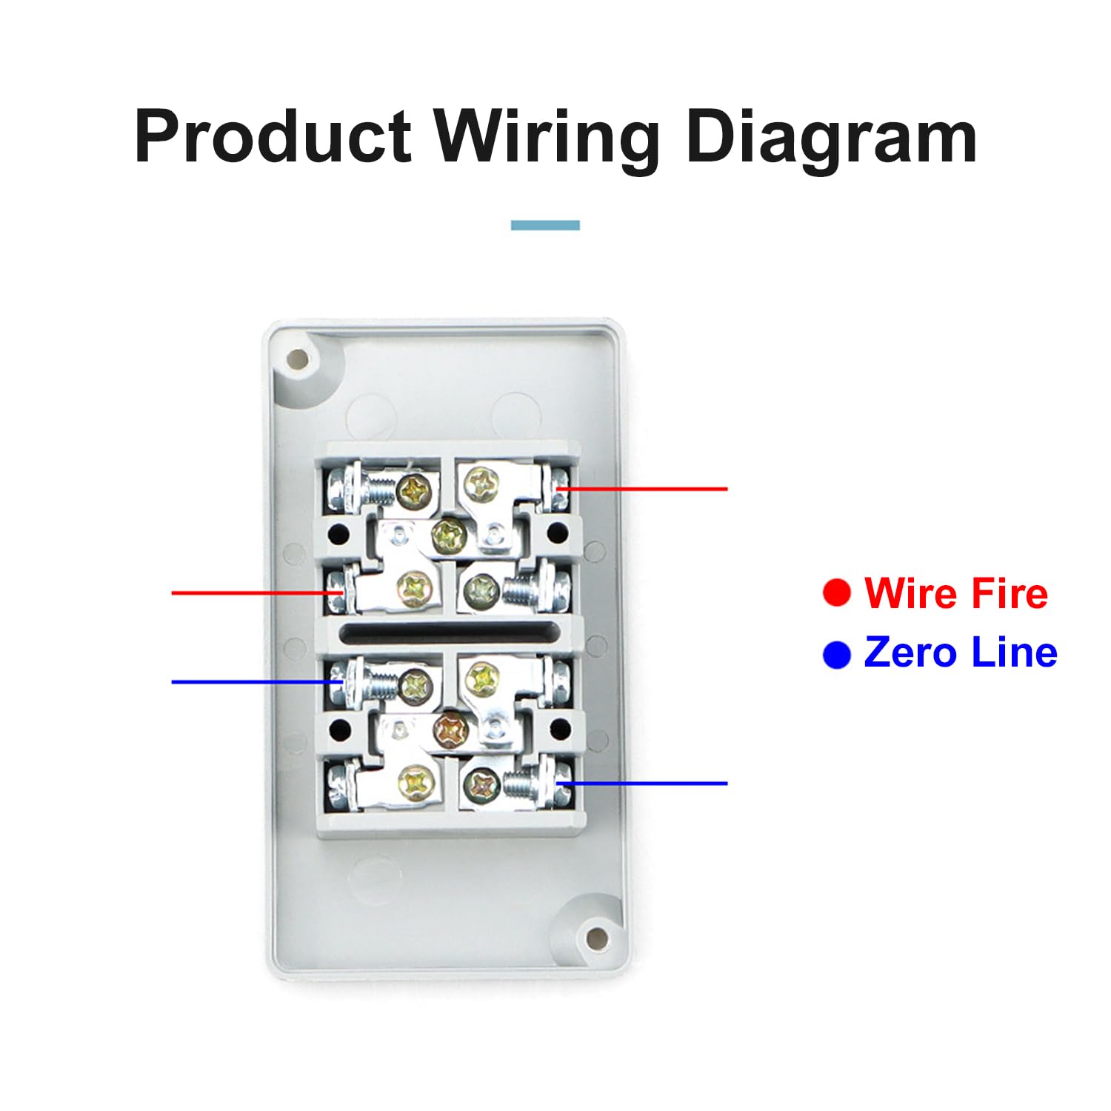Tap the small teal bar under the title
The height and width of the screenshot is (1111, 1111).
click(545, 225)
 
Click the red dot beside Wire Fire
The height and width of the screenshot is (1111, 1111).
click(837, 593)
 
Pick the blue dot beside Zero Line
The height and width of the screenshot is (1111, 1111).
click(837, 654)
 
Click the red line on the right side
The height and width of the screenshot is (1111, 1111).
click(641, 489)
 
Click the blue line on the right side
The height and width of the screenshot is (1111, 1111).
click(641, 783)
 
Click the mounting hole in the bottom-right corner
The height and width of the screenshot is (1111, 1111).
click(596, 938)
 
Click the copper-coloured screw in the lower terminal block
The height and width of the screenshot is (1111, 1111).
click(451, 730)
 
